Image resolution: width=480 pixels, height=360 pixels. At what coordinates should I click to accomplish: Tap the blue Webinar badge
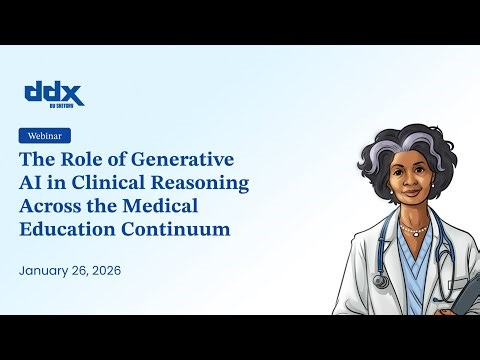(x=45, y=136)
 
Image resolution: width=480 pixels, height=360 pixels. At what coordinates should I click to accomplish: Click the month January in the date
(x=48, y=271)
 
